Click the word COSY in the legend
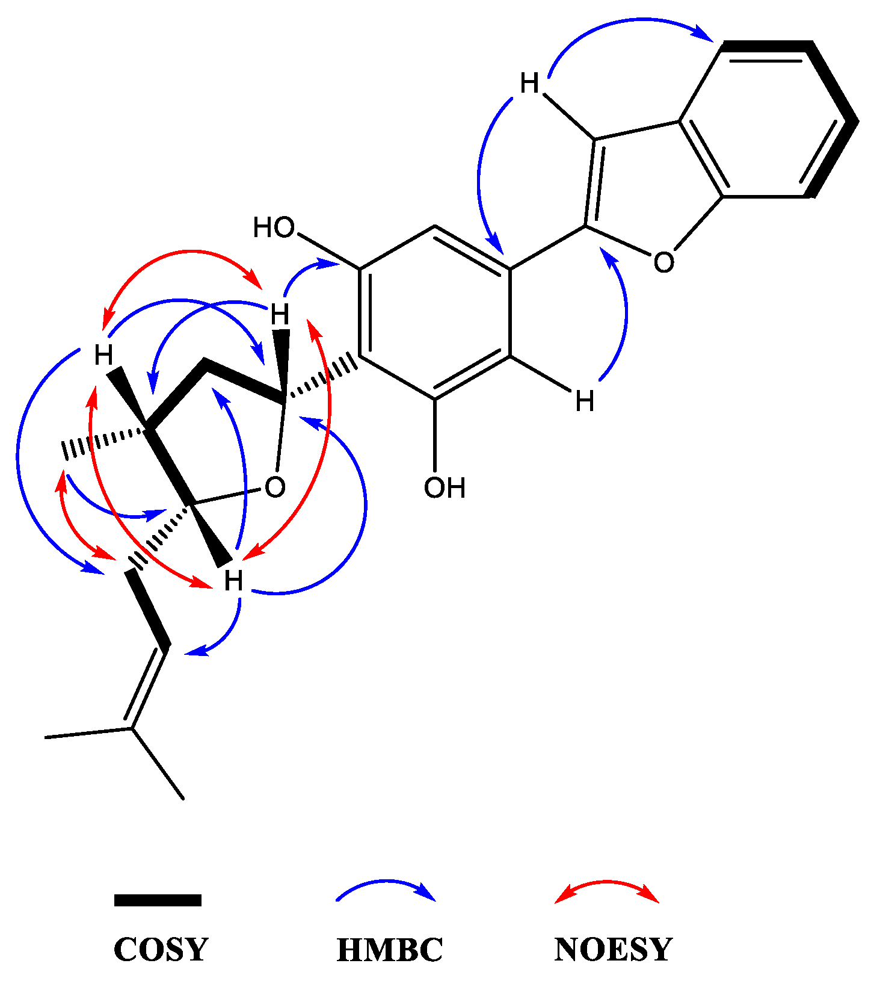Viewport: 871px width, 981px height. tap(161, 949)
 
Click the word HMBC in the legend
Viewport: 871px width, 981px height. tap(390, 949)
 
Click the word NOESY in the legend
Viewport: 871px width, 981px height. tap(613, 949)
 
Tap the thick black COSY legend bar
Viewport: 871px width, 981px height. tap(158, 900)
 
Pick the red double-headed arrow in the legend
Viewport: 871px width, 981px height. tap(606, 887)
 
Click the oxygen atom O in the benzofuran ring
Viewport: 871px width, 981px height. tap(663, 262)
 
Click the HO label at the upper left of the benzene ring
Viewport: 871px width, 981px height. tap(274, 228)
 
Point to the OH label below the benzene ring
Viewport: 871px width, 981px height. tap(445, 488)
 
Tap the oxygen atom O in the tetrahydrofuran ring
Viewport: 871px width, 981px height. tap(275, 487)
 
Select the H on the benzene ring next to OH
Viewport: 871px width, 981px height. tap(585, 401)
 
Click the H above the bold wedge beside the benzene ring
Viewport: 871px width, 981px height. tap(280, 314)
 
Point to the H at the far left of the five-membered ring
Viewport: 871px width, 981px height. tap(103, 355)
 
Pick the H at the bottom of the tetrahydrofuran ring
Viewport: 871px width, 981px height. tap(233, 581)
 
